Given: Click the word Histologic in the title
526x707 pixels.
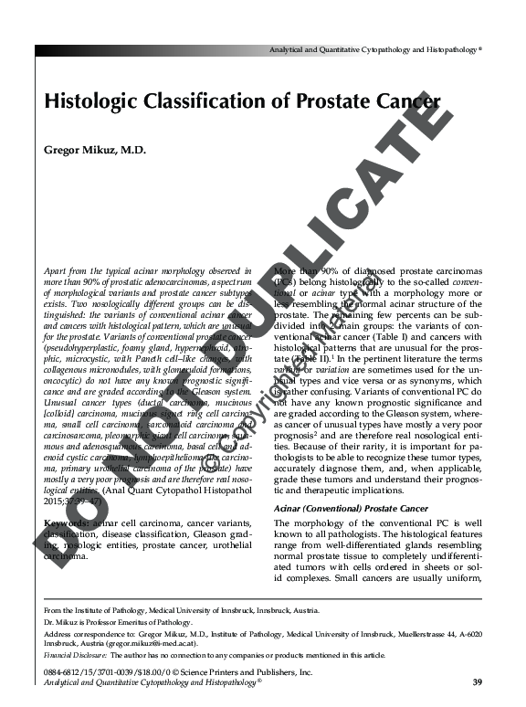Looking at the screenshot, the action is [x=89, y=103].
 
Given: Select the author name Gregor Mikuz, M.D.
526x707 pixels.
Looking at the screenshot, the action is [x=95, y=150].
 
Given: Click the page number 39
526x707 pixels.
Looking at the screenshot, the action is [x=477, y=681].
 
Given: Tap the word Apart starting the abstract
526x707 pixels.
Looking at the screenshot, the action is [x=57, y=272].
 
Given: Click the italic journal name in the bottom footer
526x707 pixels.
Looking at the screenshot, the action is [x=153, y=682].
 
